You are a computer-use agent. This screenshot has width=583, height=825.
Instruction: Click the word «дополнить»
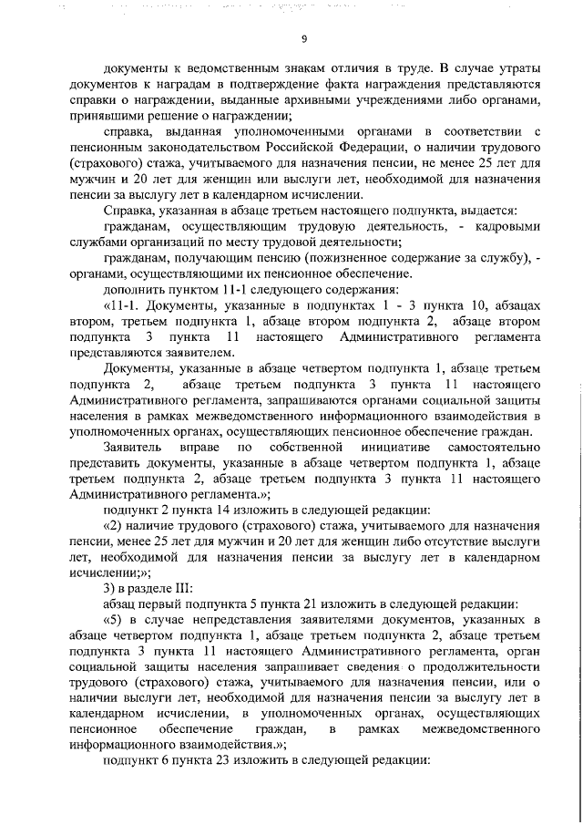[x=131, y=290]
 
